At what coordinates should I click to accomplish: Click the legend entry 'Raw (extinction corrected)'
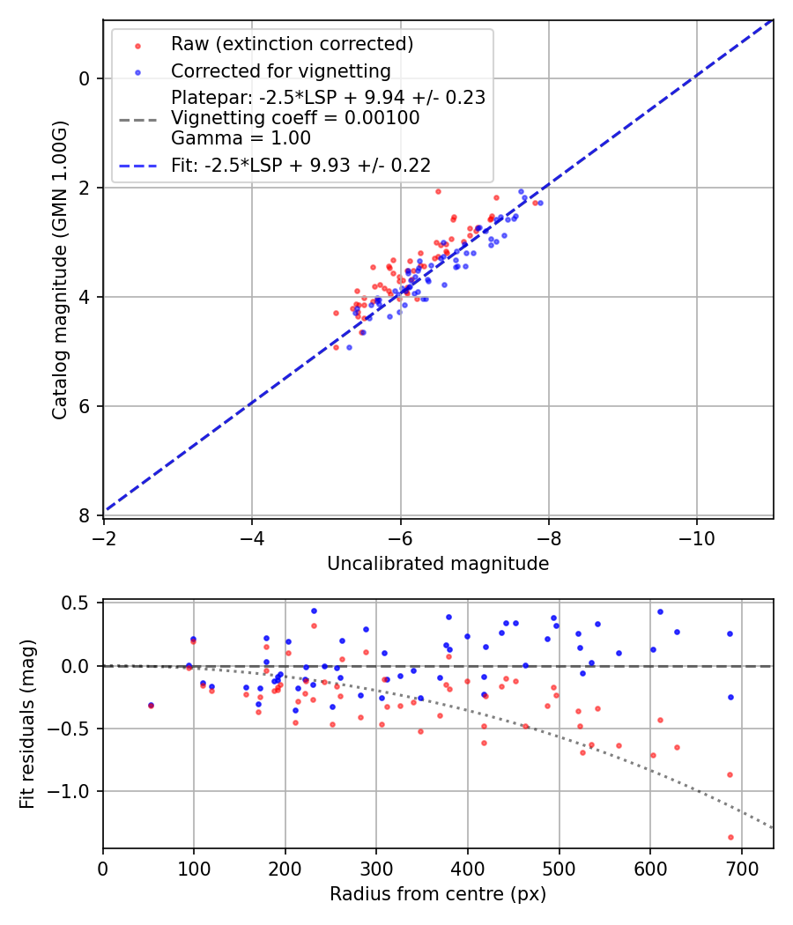292,44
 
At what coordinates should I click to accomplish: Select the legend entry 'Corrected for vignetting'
280,71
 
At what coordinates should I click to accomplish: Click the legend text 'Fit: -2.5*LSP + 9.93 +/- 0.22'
300,165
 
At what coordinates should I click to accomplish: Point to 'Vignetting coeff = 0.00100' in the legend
295,118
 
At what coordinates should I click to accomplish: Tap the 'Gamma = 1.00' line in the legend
241,138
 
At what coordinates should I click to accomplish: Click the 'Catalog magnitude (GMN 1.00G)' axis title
59,269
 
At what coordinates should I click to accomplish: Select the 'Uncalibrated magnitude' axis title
438,564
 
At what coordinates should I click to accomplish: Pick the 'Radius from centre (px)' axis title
438,894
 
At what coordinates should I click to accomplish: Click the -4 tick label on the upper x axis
252,536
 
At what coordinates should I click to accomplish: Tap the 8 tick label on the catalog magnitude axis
85,515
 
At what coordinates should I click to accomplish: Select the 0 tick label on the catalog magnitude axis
85,78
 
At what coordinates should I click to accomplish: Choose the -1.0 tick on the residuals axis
76,791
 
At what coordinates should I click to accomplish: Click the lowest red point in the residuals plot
730,837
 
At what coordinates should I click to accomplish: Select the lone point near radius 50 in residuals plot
151,705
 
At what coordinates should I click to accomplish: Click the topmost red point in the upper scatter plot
438,191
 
